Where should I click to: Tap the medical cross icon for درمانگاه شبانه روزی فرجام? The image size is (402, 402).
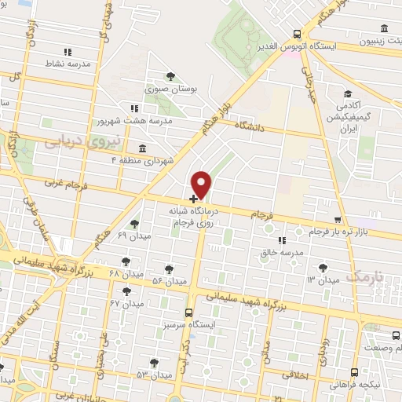[x=194, y=199]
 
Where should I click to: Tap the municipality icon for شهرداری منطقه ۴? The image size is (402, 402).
[x=141, y=148]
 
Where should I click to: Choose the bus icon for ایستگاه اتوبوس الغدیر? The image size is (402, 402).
[x=296, y=34]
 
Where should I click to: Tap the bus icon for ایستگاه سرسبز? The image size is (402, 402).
[x=188, y=312]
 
